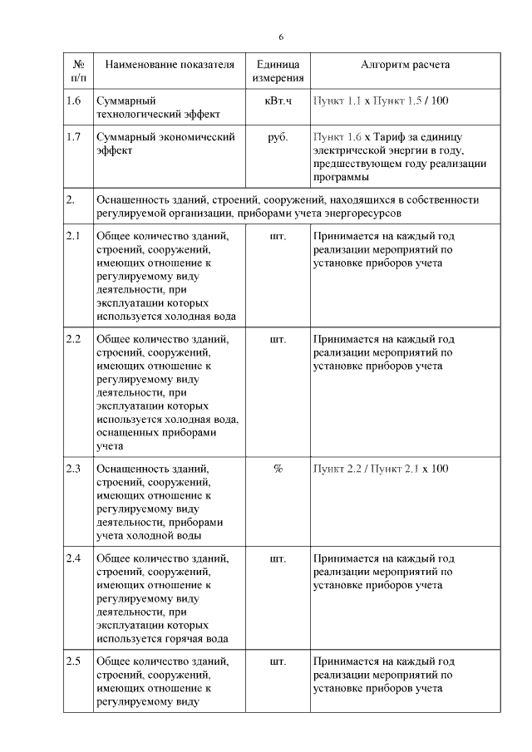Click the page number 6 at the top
point(280,38)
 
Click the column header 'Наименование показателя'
point(165,65)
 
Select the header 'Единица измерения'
point(278,71)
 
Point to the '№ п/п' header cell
point(79,71)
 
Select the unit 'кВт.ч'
point(278,101)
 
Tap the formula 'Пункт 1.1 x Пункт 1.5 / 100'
point(381,101)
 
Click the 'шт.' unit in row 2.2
point(278,339)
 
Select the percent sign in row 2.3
point(278,469)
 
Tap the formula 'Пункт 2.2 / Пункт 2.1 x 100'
point(381,469)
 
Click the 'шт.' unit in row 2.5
point(278,661)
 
